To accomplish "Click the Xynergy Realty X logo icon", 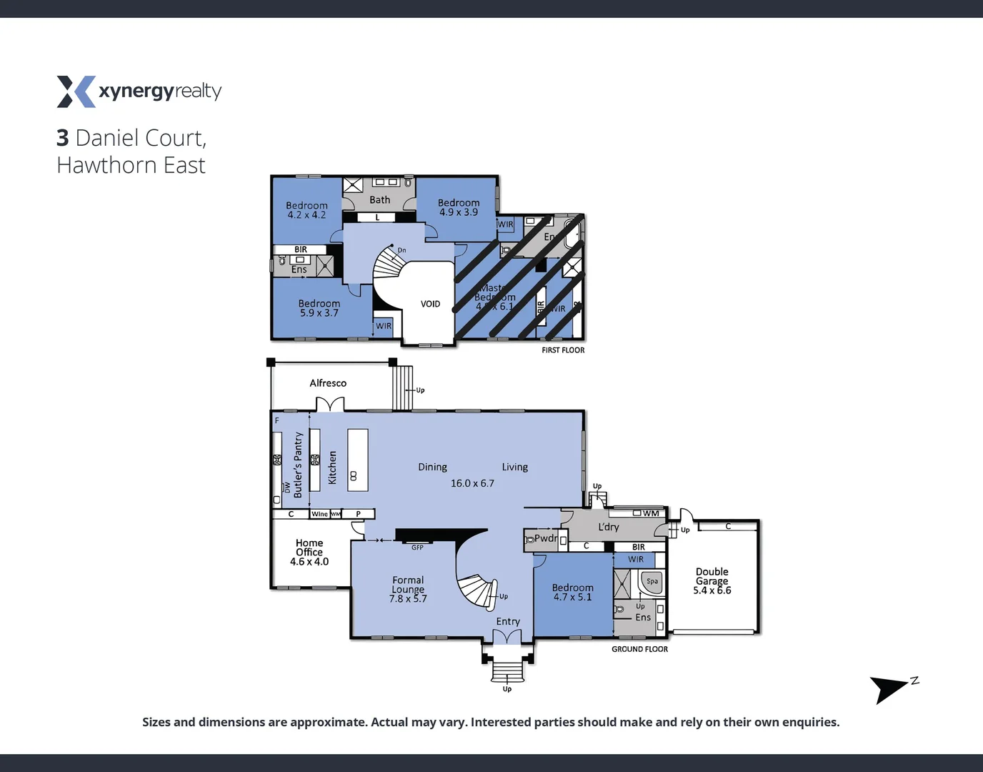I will point(76,91).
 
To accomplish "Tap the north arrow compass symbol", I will point(889,688).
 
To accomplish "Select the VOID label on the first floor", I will point(430,304).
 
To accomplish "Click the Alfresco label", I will point(328,383).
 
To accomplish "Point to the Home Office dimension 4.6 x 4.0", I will point(309,562).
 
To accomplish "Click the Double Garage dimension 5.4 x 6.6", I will point(712,590).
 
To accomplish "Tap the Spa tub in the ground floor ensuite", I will point(652,582).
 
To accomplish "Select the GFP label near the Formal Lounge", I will point(417,548).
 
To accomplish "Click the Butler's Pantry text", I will point(298,465).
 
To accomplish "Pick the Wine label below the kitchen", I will point(319,514).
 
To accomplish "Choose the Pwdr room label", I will point(546,538).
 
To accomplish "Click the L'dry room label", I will point(609,527).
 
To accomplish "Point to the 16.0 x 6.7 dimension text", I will point(472,483).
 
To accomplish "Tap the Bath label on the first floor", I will point(380,200).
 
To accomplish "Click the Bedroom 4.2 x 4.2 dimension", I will point(306,215).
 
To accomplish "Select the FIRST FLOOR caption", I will point(563,350).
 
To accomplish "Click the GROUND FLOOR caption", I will point(639,649).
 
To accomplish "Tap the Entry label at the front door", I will point(508,622).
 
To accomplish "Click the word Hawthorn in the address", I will point(106,165).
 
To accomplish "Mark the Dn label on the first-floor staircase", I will point(401,250).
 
